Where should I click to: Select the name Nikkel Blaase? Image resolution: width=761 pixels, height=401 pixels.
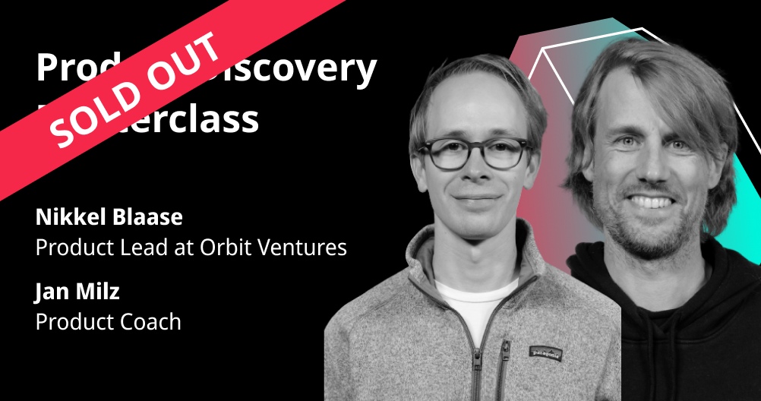tap(109, 217)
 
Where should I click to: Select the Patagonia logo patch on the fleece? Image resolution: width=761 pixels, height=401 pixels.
tap(545, 352)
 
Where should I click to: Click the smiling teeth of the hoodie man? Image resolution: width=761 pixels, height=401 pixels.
tap(651, 201)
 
